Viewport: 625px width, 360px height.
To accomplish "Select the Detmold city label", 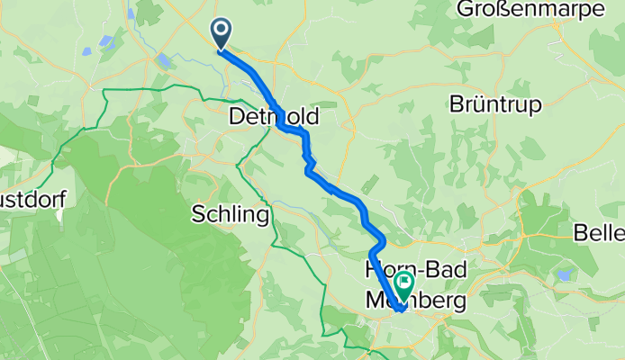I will click(x=274, y=117).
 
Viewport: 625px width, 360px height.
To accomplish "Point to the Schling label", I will click(x=230, y=215).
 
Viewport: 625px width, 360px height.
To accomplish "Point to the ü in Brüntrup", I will click(x=479, y=104).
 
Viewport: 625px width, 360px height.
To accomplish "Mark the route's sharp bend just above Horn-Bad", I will click(x=383, y=239).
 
